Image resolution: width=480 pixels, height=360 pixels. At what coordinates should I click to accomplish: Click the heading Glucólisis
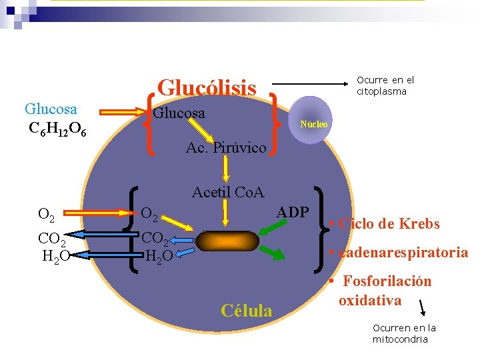point(207,87)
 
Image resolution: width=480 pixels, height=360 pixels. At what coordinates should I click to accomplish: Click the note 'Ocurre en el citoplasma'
point(385,85)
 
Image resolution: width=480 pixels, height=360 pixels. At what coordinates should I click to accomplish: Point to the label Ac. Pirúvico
point(226,147)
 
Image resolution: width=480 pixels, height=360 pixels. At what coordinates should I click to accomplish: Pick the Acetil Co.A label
point(228,193)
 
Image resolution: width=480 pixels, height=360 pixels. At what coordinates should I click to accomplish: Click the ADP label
point(293,212)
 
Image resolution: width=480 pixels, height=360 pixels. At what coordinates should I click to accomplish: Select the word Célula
point(246,311)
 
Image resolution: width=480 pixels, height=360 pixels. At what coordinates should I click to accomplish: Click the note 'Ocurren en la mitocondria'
point(404,333)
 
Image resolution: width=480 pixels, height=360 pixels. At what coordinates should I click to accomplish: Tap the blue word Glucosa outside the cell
point(51,109)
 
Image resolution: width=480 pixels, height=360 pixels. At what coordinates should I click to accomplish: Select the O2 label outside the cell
point(47,214)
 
